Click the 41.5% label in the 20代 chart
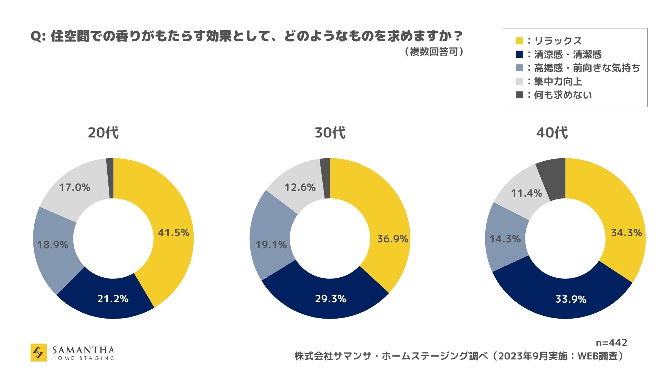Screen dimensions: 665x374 [x=174, y=233]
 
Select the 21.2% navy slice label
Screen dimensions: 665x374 [x=113, y=299]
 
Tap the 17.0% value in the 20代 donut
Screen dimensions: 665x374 [x=74, y=188]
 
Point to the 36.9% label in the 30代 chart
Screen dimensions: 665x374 [x=393, y=239]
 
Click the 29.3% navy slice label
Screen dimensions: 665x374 [x=330, y=299]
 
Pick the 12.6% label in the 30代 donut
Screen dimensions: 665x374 [x=300, y=188]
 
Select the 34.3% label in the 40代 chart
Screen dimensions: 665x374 [x=627, y=233]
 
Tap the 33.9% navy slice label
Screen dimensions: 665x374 [x=571, y=299]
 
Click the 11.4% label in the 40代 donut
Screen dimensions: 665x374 [x=527, y=193]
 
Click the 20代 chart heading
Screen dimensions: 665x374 [x=103, y=133]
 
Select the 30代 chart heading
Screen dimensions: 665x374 [x=330, y=133]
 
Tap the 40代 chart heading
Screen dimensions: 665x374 [x=552, y=133]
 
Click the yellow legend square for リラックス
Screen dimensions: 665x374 [x=519, y=41]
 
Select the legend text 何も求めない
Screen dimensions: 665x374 [x=563, y=95]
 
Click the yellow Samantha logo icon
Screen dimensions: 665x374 [x=39, y=353]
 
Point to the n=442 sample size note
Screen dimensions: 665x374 [x=611, y=343]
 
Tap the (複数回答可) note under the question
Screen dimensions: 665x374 [x=434, y=52]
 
